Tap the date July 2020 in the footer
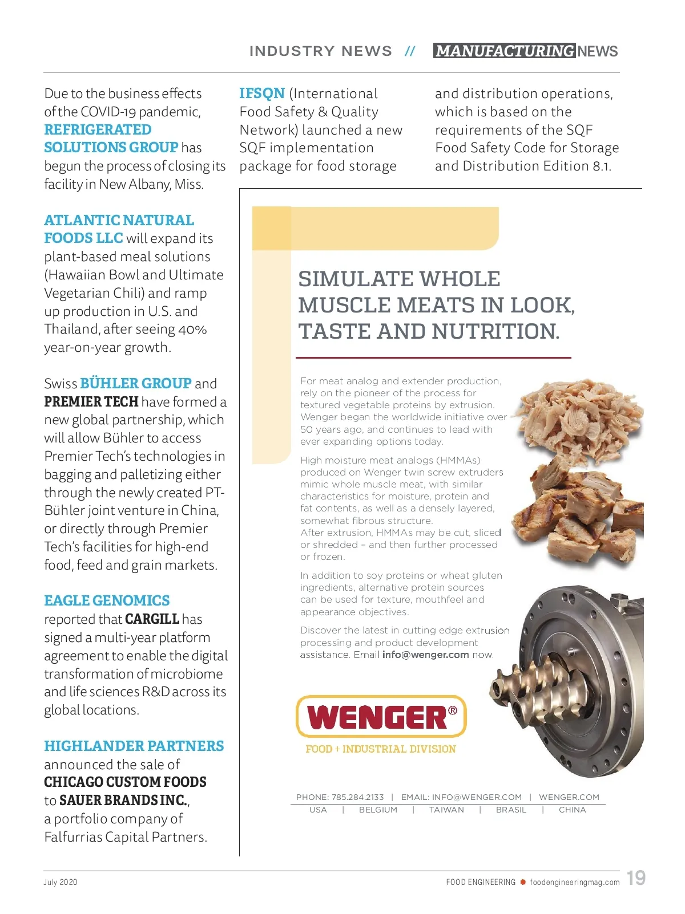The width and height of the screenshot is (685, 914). point(60,882)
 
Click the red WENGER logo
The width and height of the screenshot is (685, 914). point(381,717)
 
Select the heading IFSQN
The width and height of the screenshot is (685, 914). point(262,93)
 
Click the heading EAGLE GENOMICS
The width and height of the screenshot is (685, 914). point(107,600)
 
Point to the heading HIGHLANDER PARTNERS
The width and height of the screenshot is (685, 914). point(134,746)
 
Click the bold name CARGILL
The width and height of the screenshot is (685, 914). point(152,619)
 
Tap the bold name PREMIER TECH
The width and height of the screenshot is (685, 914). point(91,401)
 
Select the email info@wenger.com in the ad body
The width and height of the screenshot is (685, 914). point(425,655)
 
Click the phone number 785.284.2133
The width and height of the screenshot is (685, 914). point(357,797)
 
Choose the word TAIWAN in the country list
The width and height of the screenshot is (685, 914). point(446,810)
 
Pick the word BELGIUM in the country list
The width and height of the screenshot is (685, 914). point(378,810)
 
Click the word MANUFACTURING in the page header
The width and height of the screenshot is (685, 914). point(505,51)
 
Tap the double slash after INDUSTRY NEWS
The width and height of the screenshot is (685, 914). point(410,51)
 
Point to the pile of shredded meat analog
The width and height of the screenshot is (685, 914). point(577,416)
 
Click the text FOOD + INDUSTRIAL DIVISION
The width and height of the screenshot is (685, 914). point(381,749)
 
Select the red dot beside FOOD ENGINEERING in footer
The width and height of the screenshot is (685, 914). point(522,882)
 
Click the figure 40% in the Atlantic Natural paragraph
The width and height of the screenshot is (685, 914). point(192,329)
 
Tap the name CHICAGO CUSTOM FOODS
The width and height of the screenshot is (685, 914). point(125,782)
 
